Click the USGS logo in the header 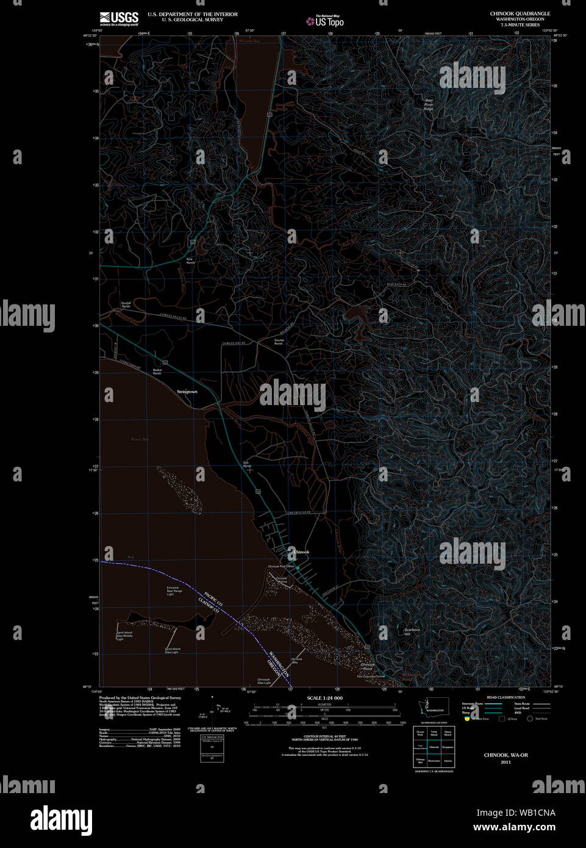pos(119,18)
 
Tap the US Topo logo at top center pos(326,21)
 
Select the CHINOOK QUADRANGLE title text pos(520,13)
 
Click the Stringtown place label pos(187,392)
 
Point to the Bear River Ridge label pos(429,104)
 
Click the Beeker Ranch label pos(157,372)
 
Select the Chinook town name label pos(301,552)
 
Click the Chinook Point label pos(367,667)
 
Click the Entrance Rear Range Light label pos(174,591)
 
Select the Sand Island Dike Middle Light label pos(124,636)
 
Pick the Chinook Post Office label pos(280,566)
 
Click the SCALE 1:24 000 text pos(324,698)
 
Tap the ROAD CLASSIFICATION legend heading pos(506,697)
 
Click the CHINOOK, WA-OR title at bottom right pos(506,755)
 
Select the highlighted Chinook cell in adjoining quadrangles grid pos(434,747)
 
